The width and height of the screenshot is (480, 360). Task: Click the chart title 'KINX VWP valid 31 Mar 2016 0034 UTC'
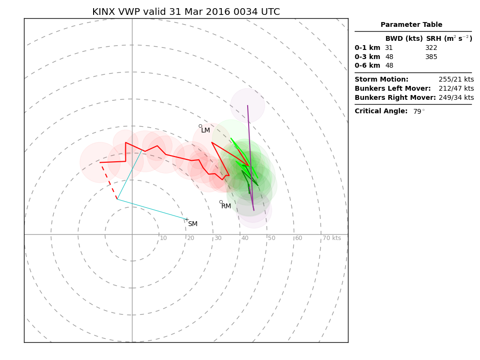point(186,12)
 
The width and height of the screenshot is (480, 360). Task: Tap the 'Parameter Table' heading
point(411,25)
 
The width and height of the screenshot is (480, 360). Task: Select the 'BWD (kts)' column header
point(404,39)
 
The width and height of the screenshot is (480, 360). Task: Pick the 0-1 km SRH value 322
point(431,48)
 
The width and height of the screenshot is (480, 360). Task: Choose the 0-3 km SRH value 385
point(431,57)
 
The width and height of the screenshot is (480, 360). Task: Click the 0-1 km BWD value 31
point(389,48)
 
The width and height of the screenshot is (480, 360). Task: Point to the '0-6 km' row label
point(367,66)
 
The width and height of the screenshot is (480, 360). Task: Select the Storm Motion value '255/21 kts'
point(456,80)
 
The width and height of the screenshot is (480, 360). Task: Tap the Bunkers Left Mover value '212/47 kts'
point(456,89)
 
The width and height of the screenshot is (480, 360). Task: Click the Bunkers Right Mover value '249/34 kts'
point(456,98)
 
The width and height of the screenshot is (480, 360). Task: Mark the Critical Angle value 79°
point(419,112)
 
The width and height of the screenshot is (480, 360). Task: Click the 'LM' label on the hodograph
point(205,131)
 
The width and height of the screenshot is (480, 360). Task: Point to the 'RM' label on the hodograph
point(226,206)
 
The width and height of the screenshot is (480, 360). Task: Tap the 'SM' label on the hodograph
point(192,224)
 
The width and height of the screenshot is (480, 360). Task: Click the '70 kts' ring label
point(332,239)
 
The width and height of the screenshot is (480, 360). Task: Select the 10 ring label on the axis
point(163,239)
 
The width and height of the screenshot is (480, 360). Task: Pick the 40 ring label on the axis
point(245,239)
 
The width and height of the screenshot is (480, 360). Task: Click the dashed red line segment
point(109,182)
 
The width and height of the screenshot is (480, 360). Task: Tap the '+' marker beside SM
point(187,219)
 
